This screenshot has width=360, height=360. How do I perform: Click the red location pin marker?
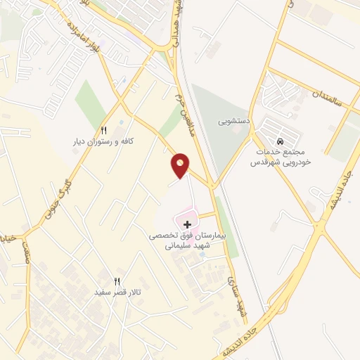click(x=181, y=165)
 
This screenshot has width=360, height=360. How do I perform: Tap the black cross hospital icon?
click(x=186, y=224)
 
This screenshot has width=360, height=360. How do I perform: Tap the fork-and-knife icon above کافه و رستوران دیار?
click(x=104, y=130)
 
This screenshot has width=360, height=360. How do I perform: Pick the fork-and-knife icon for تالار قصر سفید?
click(x=118, y=281)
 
